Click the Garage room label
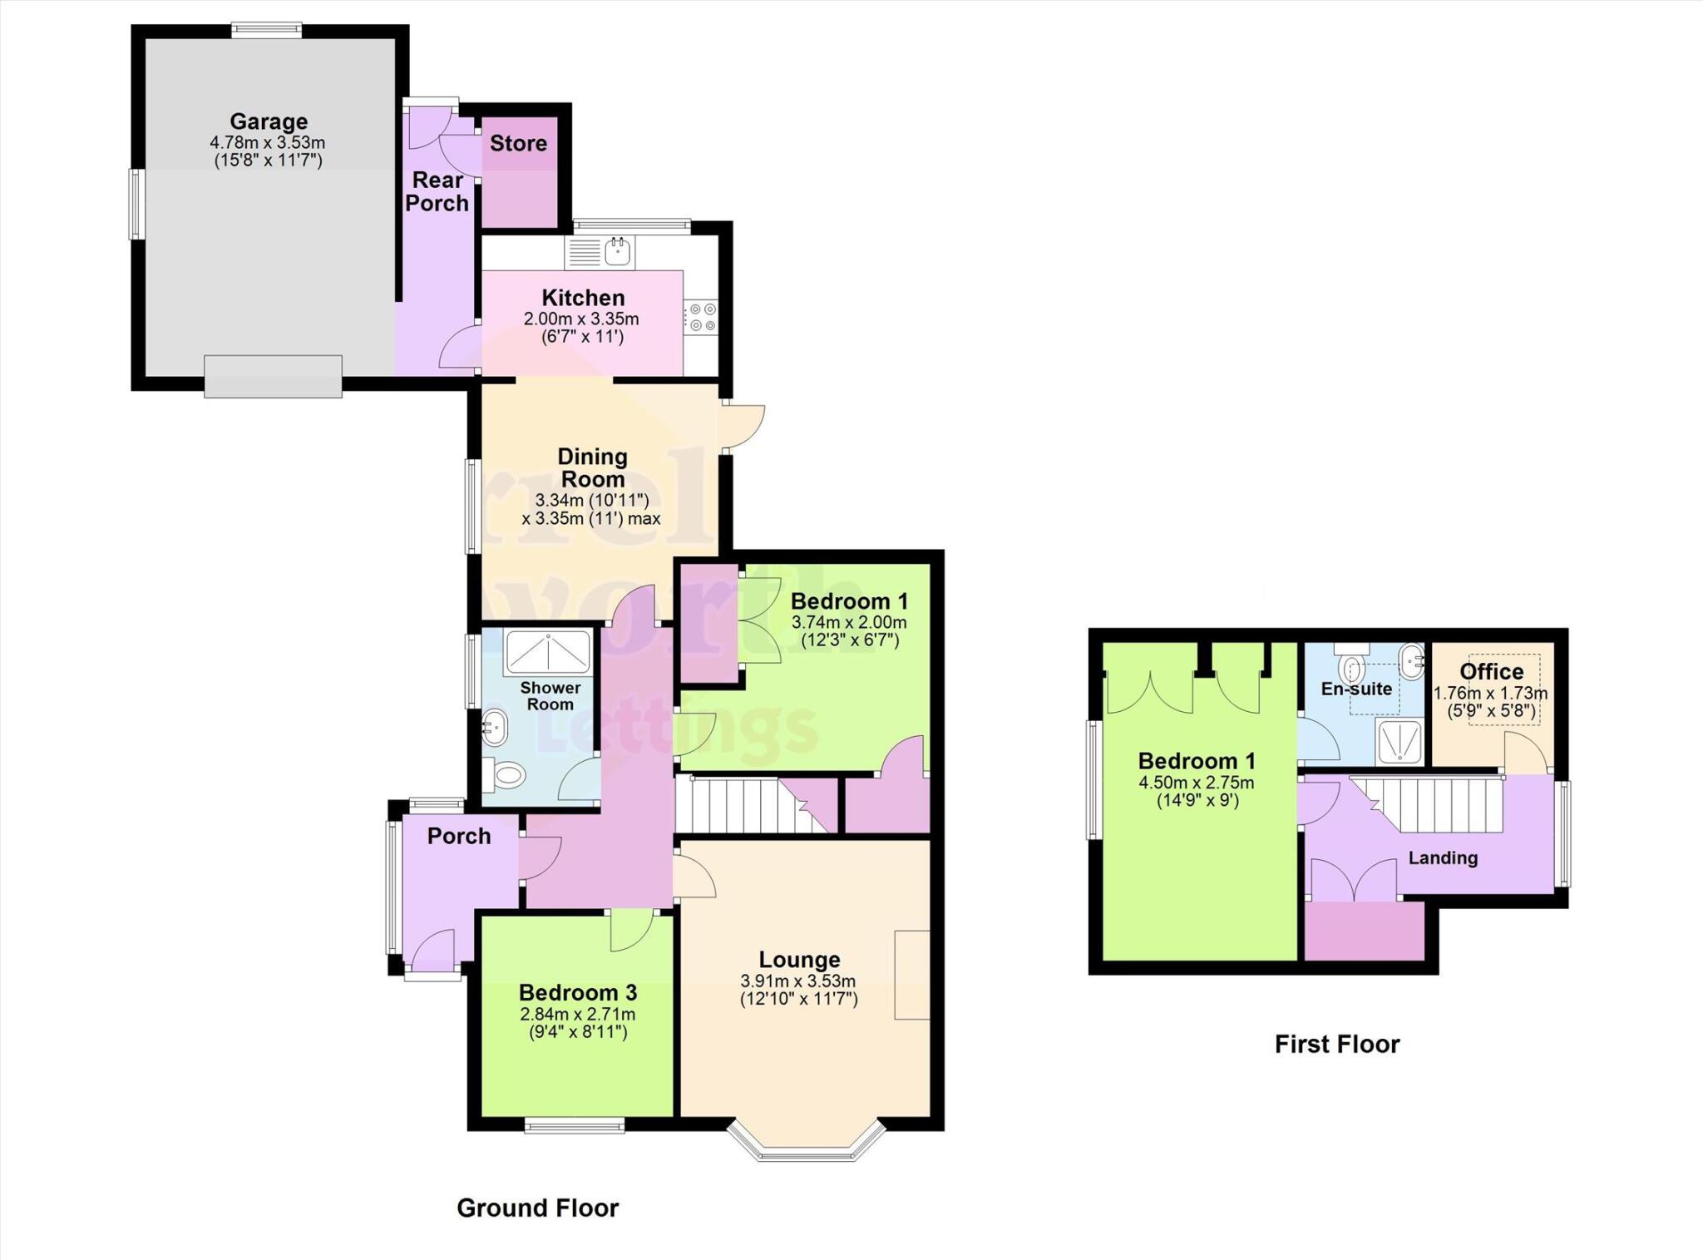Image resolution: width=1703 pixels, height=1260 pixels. tap(269, 122)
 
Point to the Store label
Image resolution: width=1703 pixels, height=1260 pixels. tap(518, 144)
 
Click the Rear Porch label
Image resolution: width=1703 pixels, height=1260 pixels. tap(437, 191)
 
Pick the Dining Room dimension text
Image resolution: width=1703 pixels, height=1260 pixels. tap(591, 509)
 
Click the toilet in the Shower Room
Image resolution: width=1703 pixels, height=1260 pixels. tap(506, 776)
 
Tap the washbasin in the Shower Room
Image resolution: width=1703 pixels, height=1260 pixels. tap(496, 728)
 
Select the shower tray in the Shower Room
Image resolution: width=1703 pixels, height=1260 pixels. tap(548, 653)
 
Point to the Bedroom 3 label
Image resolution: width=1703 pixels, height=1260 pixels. tap(578, 992)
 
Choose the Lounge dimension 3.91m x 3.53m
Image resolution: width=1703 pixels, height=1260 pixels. tap(798, 981)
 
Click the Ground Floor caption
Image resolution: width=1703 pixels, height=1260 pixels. tap(538, 1208)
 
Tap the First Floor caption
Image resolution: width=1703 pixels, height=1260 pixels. tap(1337, 1044)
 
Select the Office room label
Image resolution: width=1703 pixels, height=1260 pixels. tap(1492, 671)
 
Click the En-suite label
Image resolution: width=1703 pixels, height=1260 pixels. tap(1356, 689)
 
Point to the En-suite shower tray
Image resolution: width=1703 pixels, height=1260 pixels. tap(1399, 742)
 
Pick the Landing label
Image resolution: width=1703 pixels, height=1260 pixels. tap(1443, 857)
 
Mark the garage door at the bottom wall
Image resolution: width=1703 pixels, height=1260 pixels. tap(274, 376)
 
